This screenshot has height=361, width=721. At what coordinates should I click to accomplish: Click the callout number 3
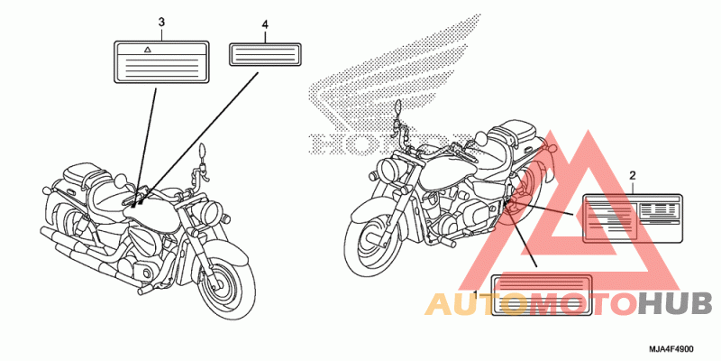(161, 20)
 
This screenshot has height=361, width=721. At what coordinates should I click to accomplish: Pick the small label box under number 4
(266, 53)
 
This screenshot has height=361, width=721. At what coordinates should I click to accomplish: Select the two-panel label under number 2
(634, 218)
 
